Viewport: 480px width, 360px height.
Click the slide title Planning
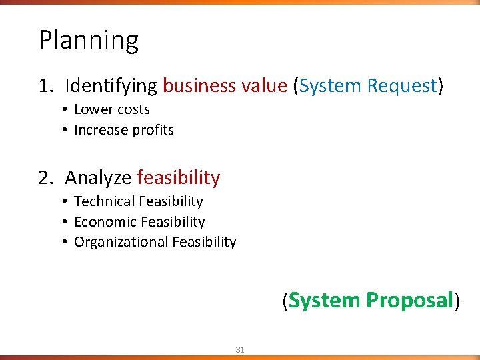coord(88,41)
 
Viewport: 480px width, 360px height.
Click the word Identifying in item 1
coord(111,86)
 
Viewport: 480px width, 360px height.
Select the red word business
coord(199,86)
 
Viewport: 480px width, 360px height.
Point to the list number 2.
coord(44,178)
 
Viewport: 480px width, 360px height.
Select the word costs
coord(133,109)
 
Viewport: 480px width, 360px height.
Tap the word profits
coord(151,131)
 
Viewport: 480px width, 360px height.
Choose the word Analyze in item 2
coord(98,178)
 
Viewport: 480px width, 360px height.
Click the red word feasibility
coord(178,178)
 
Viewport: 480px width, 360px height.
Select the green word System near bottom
coord(324,301)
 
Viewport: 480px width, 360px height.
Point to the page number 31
coord(240,349)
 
